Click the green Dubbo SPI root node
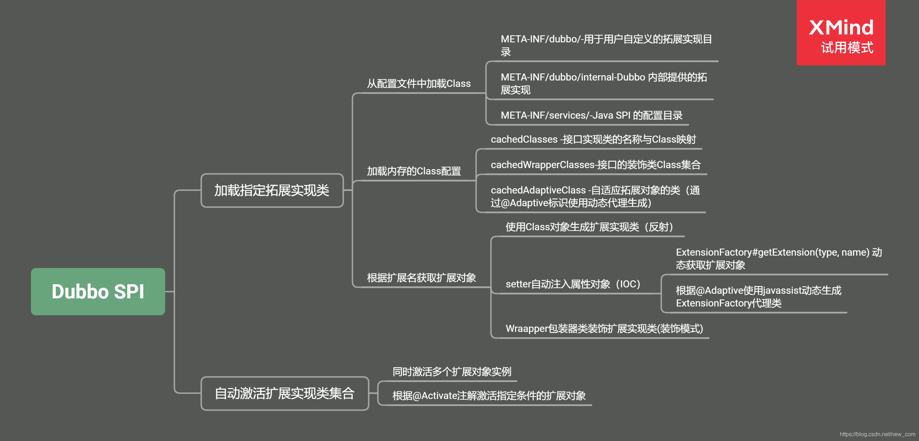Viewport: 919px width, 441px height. pos(98,292)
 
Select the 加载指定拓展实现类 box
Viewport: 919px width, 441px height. pos(272,190)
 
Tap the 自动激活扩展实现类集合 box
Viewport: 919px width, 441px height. pos(284,394)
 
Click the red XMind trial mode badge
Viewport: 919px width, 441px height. pos(841,33)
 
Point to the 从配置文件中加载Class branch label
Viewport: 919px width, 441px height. pos(419,84)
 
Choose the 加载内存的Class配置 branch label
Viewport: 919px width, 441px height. pos(414,172)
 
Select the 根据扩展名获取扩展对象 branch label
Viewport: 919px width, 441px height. pos(421,278)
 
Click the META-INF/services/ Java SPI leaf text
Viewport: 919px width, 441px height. pos(591,115)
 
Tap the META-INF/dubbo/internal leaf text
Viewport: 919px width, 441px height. pos(603,83)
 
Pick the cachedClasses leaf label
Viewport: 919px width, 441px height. pos(593,139)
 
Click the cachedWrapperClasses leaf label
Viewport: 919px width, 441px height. pos(595,165)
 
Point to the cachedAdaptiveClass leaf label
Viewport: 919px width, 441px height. pos(595,196)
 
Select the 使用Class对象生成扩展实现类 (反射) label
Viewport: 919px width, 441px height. pos(589,227)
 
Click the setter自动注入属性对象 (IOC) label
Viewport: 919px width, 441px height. pos(573,284)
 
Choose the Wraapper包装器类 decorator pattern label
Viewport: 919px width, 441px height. pos(604,329)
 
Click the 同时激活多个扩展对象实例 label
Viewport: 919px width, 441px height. pos(452,372)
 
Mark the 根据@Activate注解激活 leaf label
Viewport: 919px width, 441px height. pos(489,396)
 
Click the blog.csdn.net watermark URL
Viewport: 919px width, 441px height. pos(877,434)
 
